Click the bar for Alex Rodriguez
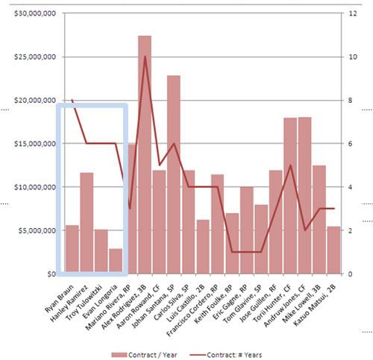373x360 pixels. pyautogui.click(x=145, y=154)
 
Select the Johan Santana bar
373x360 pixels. pyautogui.click(x=174, y=174)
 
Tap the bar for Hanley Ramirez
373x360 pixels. pyautogui.click(x=87, y=223)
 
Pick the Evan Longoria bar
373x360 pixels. pyautogui.click(x=116, y=261)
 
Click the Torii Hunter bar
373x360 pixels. pyautogui.click(x=290, y=196)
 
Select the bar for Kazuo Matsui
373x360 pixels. pyautogui.click(x=333, y=250)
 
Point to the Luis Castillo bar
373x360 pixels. pyautogui.click(x=203, y=247)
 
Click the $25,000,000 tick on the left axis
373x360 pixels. pyautogui.click(x=35, y=57)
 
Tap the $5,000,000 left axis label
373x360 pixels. pyautogui.click(x=37, y=230)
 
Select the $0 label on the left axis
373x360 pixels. pyautogui.click(x=51, y=274)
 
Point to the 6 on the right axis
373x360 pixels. pyautogui.click(x=351, y=144)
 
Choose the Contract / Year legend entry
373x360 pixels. pyautogui.click(x=144, y=355)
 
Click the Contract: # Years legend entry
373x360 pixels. pyautogui.click(x=225, y=355)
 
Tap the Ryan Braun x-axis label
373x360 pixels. pyautogui.click(x=59, y=298)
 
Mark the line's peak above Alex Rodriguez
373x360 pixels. pyautogui.click(x=145, y=57)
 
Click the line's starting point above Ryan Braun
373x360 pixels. pyautogui.click(x=72, y=100)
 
